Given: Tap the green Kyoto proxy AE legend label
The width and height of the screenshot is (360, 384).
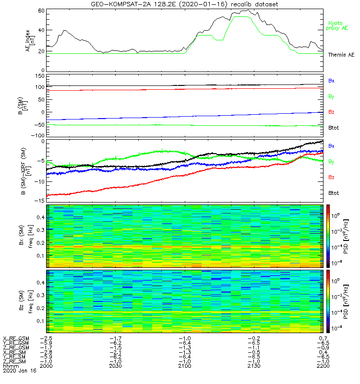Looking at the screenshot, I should (x=338, y=25).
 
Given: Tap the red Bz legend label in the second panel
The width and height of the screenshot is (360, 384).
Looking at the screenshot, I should (x=331, y=112).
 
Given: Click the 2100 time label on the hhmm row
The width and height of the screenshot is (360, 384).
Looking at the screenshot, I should (x=185, y=365).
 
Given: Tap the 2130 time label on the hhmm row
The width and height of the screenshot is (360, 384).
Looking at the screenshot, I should (x=253, y=365).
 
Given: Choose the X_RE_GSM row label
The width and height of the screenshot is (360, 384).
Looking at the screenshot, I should (x=16, y=338).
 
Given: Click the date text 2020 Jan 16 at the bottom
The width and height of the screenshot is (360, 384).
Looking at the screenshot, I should (x=19, y=371).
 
